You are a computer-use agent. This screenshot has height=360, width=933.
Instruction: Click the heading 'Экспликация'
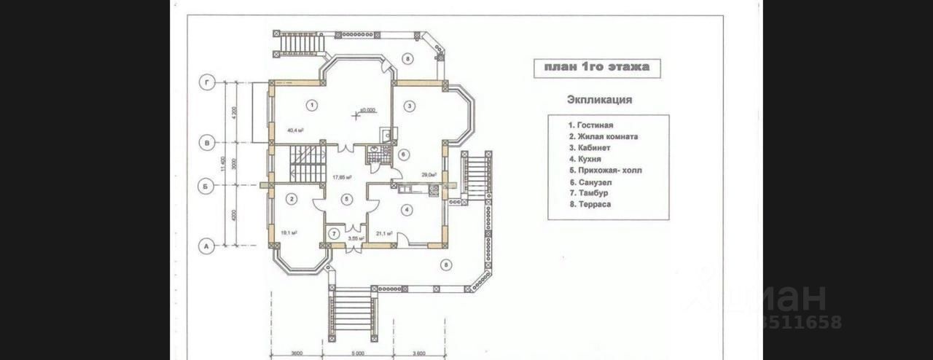599,100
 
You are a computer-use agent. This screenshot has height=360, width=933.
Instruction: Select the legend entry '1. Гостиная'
591,125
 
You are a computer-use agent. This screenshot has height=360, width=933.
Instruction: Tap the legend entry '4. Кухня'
585,159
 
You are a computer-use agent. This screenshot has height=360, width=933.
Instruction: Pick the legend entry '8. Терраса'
590,205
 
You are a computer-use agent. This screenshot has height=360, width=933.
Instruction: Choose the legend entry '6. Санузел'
590,182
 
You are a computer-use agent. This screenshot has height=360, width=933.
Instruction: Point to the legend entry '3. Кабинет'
590,148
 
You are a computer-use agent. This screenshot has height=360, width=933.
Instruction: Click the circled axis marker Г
206,84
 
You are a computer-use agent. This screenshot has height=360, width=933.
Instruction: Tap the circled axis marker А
206,247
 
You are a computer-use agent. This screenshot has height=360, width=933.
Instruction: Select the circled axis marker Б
206,186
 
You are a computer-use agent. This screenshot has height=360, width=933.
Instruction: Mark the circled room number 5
347,199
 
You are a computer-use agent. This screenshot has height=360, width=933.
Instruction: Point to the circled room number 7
334,234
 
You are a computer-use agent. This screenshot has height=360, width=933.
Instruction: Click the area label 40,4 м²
295,130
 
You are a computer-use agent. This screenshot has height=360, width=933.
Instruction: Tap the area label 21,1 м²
384,234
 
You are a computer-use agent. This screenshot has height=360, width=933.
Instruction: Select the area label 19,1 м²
290,233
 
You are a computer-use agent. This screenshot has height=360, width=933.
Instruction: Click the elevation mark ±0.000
367,110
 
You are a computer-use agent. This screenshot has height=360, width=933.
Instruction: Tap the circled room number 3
410,106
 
